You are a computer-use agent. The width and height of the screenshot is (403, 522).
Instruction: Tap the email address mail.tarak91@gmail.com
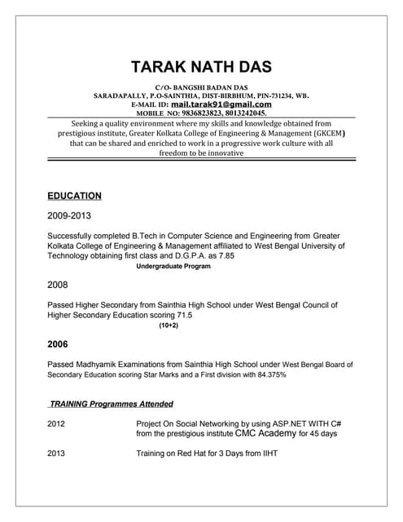coord(221,104)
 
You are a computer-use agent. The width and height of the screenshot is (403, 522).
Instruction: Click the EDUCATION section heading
coord(74,196)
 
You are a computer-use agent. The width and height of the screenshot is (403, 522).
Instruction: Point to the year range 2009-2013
coord(69,216)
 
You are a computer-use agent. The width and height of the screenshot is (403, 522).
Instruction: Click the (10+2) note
coord(169,325)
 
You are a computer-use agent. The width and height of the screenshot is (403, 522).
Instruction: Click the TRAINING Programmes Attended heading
coord(111,404)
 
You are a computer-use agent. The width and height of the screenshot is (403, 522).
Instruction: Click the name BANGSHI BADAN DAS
coord(213,86)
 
